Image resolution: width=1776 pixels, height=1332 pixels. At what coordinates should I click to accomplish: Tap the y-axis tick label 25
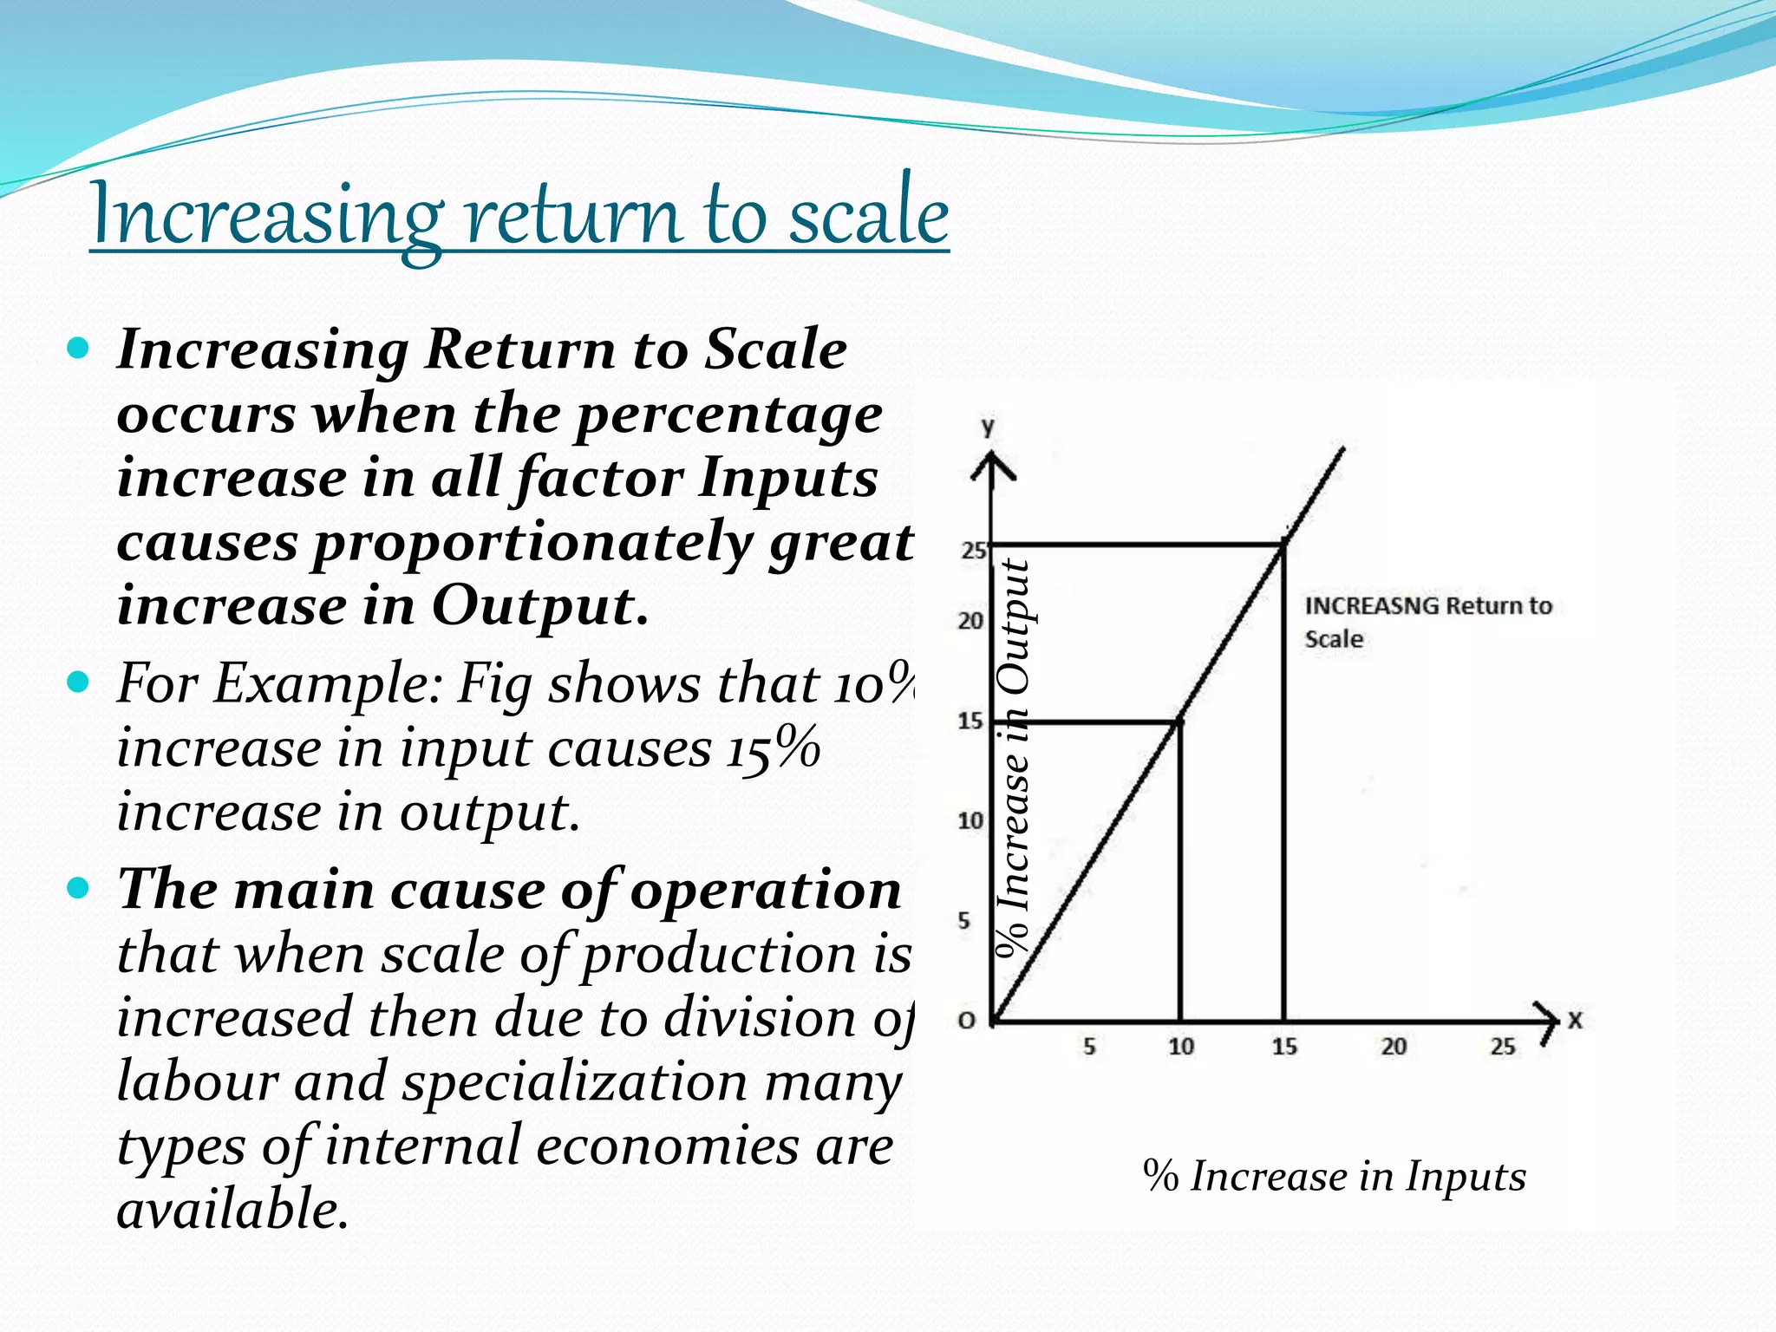click(973, 550)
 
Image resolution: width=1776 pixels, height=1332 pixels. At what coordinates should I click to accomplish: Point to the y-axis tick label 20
click(970, 621)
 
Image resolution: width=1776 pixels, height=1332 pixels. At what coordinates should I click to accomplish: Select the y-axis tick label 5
click(964, 920)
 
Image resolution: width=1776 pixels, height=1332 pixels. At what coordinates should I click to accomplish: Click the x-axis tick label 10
click(1180, 1047)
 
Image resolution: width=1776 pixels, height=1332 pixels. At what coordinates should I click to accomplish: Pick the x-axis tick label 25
click(1503, 1047)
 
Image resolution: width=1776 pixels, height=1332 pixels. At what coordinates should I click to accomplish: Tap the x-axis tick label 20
click(1394, 1047)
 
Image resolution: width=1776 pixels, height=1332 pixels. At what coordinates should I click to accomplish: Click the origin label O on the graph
click(966, 1021)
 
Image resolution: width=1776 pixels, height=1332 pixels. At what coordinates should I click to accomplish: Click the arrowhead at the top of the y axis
click(992, 468)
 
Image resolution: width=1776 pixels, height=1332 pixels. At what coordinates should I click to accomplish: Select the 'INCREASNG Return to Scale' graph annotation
click(1427, 622)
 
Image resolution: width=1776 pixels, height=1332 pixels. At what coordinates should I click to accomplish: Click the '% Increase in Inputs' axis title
click(1334, 1177)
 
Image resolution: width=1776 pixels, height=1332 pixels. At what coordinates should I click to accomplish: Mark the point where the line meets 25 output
click(1283, 545)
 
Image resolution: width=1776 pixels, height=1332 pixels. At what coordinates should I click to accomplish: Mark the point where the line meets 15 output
click(1180, 721)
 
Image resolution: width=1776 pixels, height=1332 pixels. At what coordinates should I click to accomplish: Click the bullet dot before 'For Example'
click(78, 682)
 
